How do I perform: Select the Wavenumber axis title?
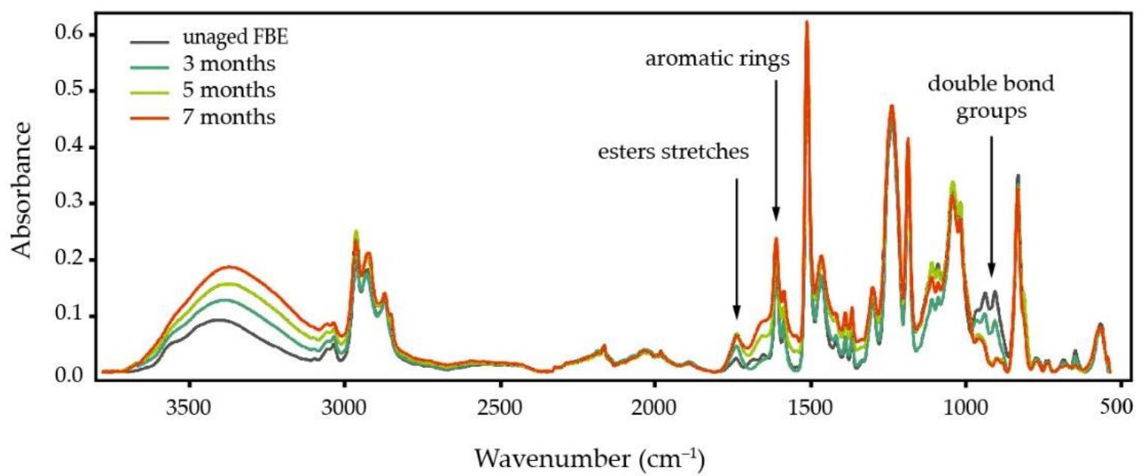tap(590, 456)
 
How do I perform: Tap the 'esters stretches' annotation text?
tap(672, 153)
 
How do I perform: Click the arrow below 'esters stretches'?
tap(736, 249)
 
